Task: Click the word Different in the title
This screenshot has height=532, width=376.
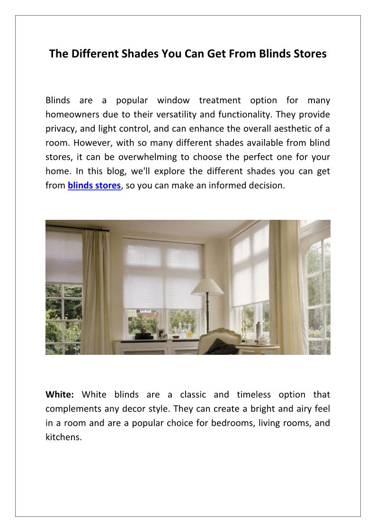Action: [93, 54]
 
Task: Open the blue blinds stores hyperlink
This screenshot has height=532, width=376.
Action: [94, 186]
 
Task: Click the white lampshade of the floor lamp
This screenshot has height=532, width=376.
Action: [206, 287]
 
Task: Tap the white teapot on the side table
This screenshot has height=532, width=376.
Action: [263, 340]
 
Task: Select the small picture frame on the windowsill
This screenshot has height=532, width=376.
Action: [161, 334]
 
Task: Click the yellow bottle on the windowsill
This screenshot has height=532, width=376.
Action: [189, 334]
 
